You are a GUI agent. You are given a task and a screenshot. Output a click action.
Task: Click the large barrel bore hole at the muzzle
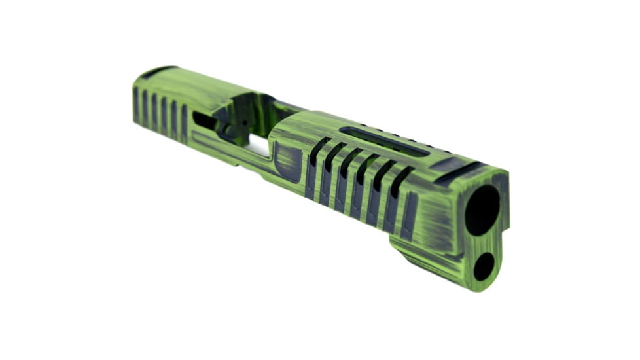click(x=482, y=209)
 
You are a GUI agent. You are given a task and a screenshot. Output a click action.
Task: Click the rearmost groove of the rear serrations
click(x=136, y=105)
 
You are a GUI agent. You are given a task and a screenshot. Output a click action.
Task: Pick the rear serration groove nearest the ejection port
click(x=185, y=122)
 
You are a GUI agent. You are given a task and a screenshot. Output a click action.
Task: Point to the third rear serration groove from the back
click(x=155, y=111)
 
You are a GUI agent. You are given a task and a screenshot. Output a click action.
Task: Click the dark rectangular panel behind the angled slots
click(x=288, y=162)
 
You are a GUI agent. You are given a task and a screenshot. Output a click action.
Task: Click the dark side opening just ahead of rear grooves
click(x=203, y=120)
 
